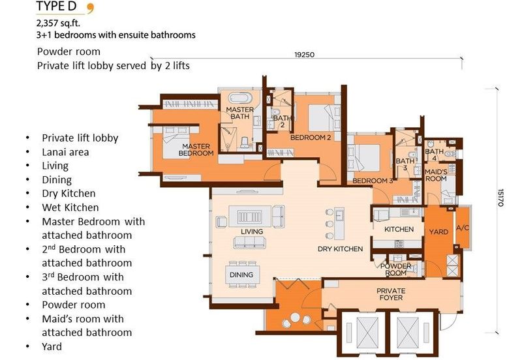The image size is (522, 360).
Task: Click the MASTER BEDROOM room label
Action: (x=198, y=149)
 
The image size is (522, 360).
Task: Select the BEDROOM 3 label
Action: (x=373, y=181)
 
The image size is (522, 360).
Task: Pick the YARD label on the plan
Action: (x=438, y=231)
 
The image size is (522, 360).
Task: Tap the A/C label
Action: (x=463, y=229)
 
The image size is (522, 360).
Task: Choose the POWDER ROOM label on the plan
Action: (x=396, y=269)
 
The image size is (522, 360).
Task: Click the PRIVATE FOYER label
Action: (x=391, y=294)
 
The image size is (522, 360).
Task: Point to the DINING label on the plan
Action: (x=241, y=275)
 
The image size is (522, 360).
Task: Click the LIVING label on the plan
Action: (x=251, y=232)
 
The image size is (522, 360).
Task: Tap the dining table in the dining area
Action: (x=242, y=275)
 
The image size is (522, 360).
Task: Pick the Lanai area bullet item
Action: (x=65, y=152)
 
